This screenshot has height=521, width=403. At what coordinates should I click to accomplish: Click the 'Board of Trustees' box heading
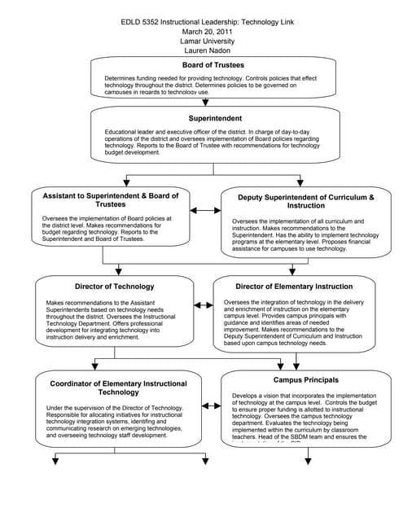[x=213, y=65]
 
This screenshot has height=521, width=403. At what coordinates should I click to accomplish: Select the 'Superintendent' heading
[x=213, y=118]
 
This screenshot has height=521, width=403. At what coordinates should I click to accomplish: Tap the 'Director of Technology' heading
[x=114, y=287]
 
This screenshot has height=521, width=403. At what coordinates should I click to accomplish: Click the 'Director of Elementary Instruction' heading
[x=294, y=287]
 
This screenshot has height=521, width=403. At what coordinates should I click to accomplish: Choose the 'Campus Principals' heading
[x=305, y=380]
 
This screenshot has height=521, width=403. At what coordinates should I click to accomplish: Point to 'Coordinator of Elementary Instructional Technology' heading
[x=118, y=387]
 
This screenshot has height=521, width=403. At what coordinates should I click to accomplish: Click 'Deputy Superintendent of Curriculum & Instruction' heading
[x=305, y=201]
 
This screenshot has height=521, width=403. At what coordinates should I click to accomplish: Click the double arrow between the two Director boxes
[x=204, y=306]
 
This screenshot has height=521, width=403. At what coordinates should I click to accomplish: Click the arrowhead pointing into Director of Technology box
[x=118, y=270]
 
